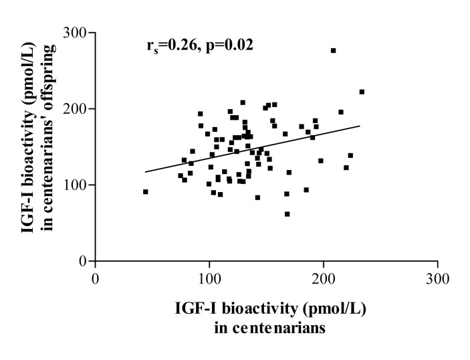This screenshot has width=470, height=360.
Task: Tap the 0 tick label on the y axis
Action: (83, 261)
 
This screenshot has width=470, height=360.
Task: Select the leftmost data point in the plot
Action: (145, 191)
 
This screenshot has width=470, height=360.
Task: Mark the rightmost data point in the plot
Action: (362, 92)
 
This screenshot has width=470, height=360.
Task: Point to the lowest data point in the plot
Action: (287, 214)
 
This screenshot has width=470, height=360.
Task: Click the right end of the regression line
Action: (360, 126)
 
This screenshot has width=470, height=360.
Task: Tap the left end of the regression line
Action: (145, 172)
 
